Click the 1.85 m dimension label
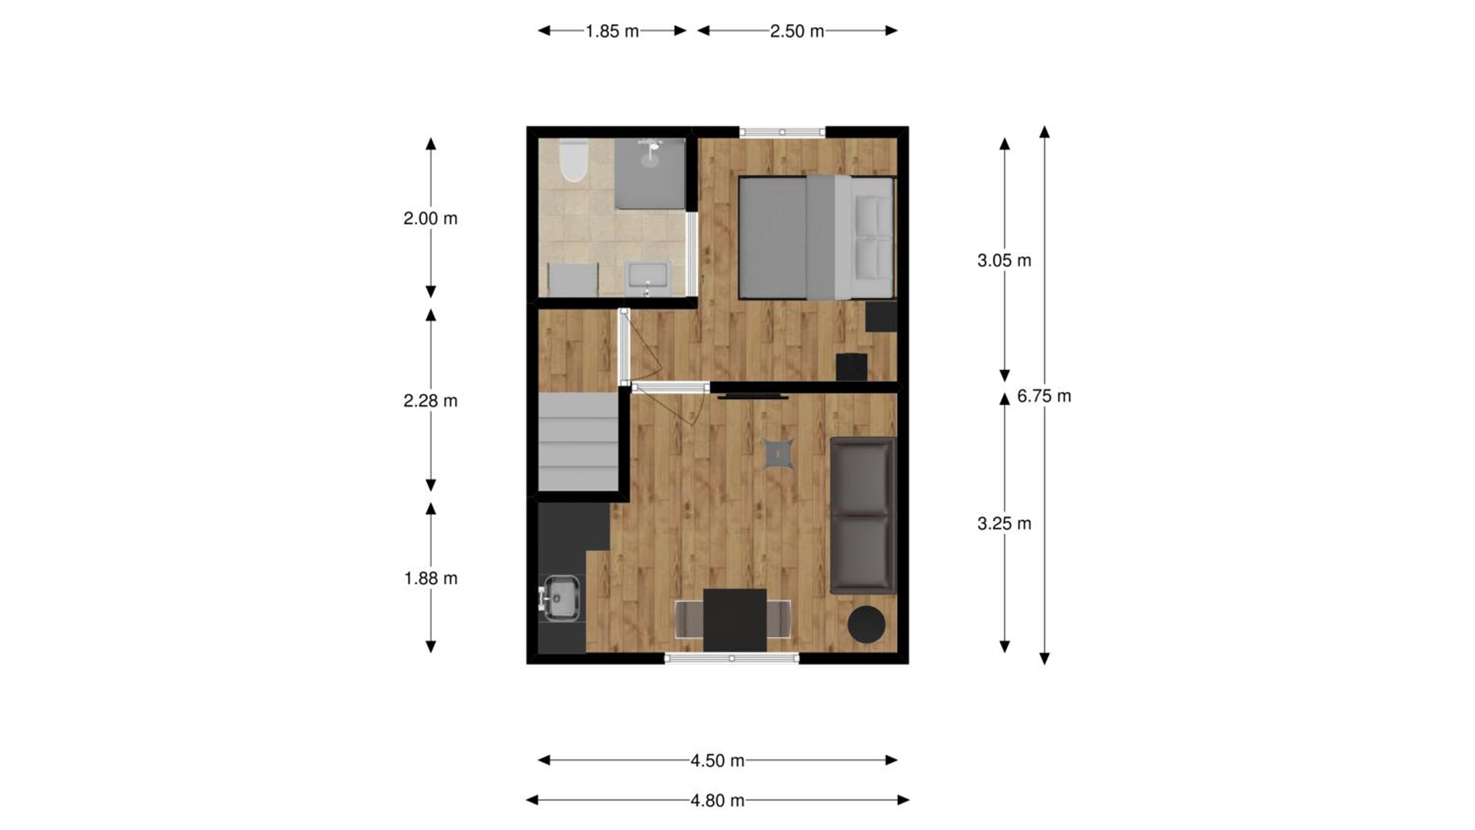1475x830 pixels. pyautogui.click(x=612, y=31)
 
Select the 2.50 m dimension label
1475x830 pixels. pyautogui.click(x=796, y=31)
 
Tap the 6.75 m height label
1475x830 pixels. pyautogui.click(x=1044, y=396)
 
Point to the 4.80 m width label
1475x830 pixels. pyautogui.click(x=717, y=800)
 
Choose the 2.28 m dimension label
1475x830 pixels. pyautogui.click(x=431, y=401)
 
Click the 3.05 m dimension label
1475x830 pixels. pyautogui.click(x=1004, y=261)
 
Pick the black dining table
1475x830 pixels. pyautogui.click(x=735, y=621)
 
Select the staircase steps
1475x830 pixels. pyautogui.click(x=578, y=441)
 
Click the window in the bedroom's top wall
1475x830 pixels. pyautogui.click(x=782, y=132)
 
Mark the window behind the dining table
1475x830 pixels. pyautogui.click(x=732, y=659)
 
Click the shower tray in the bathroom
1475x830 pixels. pyautogui.click(x=650, y=173)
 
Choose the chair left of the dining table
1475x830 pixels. pyautogui.click(x=689, y=619)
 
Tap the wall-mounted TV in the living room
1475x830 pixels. pyautogui.click(x=753, y=396)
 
